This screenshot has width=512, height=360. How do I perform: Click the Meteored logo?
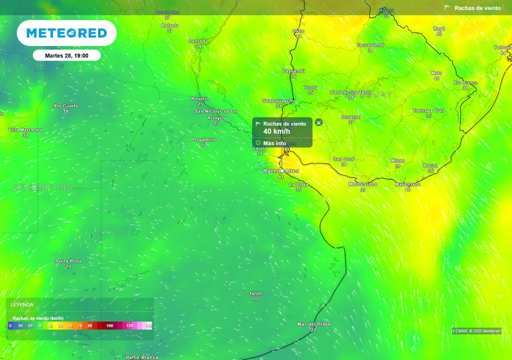[x=66, y=33]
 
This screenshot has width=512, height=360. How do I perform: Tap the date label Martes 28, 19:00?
[x=66, y=55]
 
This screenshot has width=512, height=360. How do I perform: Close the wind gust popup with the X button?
[x=319, y=122]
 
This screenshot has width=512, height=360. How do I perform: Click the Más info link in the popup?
[x=274, y=143]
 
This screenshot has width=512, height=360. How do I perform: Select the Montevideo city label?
[x=362, y=184]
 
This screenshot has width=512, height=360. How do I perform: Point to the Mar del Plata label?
[x=313, y=324]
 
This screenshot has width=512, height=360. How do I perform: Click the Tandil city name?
[x=256, y=293]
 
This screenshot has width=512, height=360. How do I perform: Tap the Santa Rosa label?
[x=68, y=261]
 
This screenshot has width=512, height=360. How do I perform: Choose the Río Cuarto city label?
[x=66, y=105]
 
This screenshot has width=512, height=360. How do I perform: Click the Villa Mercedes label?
[x=25, y=130]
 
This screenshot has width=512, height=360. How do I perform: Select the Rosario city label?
[x=200, y=98]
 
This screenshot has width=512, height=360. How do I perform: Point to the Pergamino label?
[x=203, y=139]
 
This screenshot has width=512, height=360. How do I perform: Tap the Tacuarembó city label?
[x=370, y=45]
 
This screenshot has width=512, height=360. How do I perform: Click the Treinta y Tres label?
[x=428, y=110]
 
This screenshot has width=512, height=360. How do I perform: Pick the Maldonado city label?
[x=407, y=184]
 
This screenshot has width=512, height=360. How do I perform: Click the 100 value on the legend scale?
[x=109, y=326]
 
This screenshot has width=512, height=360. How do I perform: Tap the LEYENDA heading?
[x=22, y=304]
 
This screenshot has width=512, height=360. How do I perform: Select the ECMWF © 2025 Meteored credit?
[x=476, y=331]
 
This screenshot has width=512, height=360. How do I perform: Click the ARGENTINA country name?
[x=43, y=188]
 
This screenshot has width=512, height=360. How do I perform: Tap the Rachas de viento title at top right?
[x=477, y=8]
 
